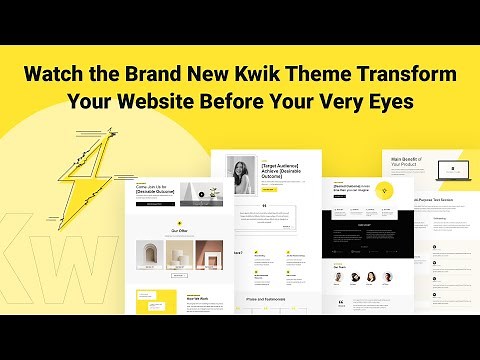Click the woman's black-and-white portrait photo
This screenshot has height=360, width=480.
[x=243, y=177]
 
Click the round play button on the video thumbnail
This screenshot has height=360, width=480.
[x=200, y=195]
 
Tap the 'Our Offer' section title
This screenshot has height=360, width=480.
[x=180, y=229]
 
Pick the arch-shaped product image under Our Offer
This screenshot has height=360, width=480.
[x=151, y=257]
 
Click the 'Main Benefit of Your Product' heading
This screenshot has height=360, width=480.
[x=403, y=160]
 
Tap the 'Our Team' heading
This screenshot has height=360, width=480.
[x=339, y=266]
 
